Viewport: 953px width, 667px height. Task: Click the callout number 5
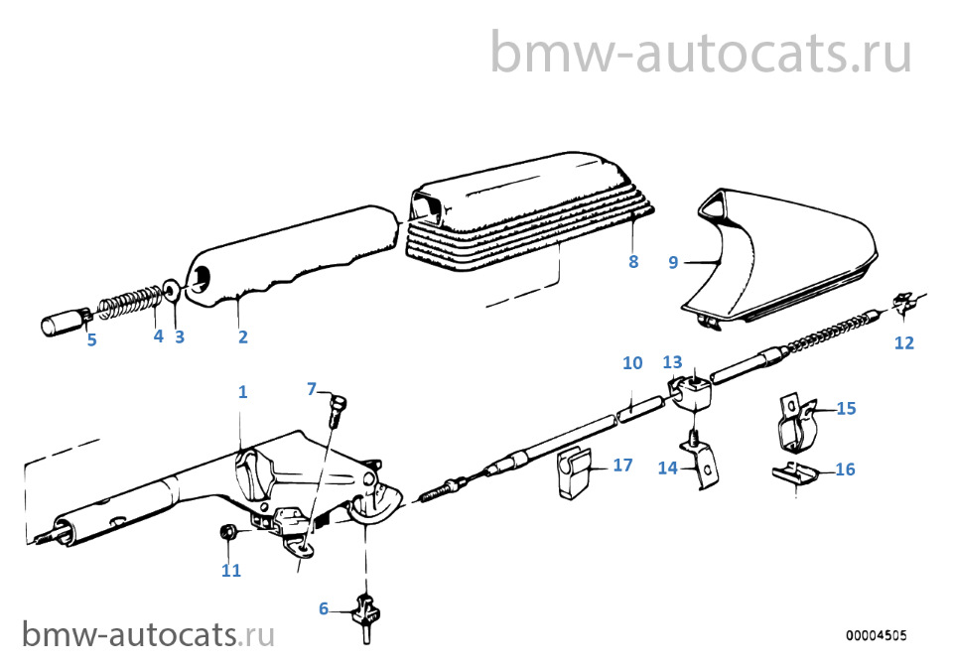pyautogui.click(x=91, y=339)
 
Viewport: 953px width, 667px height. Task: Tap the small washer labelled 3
pyautogui.click(x=172, y=291)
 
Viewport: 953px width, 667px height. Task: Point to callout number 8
pyautogui.click(x=633, y=261)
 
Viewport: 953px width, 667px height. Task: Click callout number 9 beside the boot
pyautogui.click(x=673, y=262)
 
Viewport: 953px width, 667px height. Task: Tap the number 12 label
pyautogui.click(x=904, y=342)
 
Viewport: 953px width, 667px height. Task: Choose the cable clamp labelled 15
pyautogui.click(x=798, y=424)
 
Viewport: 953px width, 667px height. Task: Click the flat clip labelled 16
pyautogui.click(x=795, y=472)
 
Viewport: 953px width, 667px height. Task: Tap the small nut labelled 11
pyautogui.click(x=228, y=532)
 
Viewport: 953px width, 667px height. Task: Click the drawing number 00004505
pyautogui.click(x=876, y=635)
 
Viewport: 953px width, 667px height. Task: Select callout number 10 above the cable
pyautogui.click(x=632, y=362)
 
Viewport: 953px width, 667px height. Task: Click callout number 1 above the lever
pyautogui.click(x=242, y=392)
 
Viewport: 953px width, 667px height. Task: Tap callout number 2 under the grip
pyautogui.click(x=242, y=336)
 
